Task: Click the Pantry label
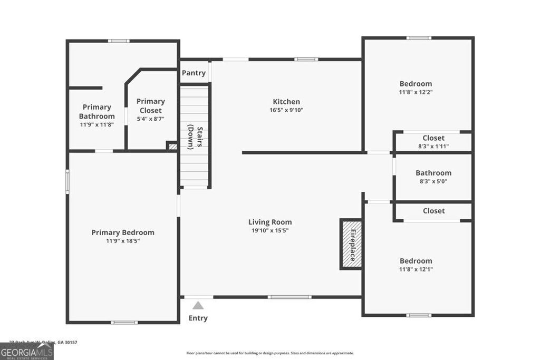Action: coord(194,73)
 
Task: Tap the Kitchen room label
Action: coord(286,102)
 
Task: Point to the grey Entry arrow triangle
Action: coord(198,305)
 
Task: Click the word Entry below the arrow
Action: coord(198,318)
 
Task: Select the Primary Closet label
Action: coord(151,105)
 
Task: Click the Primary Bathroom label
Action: coord(97,112)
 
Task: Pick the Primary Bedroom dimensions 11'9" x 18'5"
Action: coord(123,241)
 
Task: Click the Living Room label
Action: coord(270,222)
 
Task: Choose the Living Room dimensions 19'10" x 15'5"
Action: coord(271,230)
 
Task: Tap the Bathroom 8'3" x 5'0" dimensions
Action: coord(433,181)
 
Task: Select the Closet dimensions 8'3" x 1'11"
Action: coord(433,147)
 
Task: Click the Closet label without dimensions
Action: coord(433,211)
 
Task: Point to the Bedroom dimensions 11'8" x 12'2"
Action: coord(416,92)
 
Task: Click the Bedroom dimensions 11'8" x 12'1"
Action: coord(416,269)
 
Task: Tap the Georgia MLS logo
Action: coord(27,352)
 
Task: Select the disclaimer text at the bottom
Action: coord(270,353)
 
